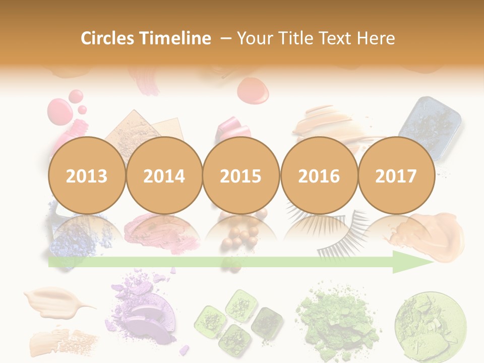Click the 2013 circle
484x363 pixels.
(87, 175)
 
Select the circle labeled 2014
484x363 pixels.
(164, 175)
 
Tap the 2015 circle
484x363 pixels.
(241, 175)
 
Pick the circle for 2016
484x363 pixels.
(319, 175)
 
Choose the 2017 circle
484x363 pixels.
(396, 175)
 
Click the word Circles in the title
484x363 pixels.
(107, 38)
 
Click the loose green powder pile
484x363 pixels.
(336, 318)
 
